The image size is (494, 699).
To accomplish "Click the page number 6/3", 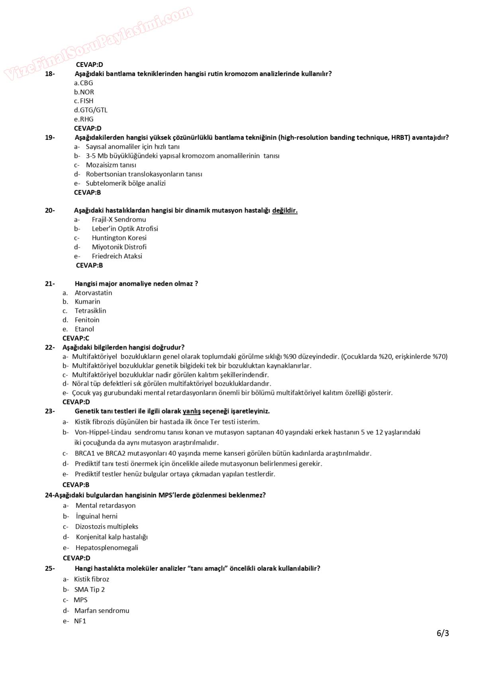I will pyautogui.click(x=443, y=633).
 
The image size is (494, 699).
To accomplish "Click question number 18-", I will pyautogui.click(x=50, y=74).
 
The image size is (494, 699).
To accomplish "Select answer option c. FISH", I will pyautogui.click(x=84, y=101).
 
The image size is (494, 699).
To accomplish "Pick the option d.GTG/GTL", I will pyautogui.click(x=91, y=110).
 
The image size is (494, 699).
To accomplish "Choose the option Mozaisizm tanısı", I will pyautogui.click(x=111, y=165).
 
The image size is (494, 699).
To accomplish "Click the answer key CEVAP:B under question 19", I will pyautogui.click(x=88, y=192).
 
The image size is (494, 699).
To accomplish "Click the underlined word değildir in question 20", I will pyautogui.click(x=284, y=210).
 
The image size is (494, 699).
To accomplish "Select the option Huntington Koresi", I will pyautogui.click(x=119, y=238).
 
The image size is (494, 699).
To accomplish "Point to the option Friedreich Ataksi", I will pyautogui.click(x=117, y=256).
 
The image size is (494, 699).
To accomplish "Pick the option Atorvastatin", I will pyautogui.click(x=93, y=293).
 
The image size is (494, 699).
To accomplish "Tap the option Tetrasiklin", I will pyautogui.click(x=90, y=311).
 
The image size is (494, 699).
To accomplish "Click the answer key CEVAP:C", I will pyautogui.click(x=76, y=338).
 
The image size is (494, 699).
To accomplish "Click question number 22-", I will pyautogui.click(x=50, y=348).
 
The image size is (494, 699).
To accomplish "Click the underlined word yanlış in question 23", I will pyautogui.click(x=191, y=411).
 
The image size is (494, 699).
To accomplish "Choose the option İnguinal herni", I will pyautogui.click(x=96, y=516).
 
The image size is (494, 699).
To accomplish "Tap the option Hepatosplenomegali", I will pyautogui.click(x=107, y=548).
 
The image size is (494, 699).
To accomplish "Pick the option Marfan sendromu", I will pyautogui.click(x=102, y=611).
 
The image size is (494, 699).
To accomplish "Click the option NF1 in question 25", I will pyautogui.click(x=80, y=621).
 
